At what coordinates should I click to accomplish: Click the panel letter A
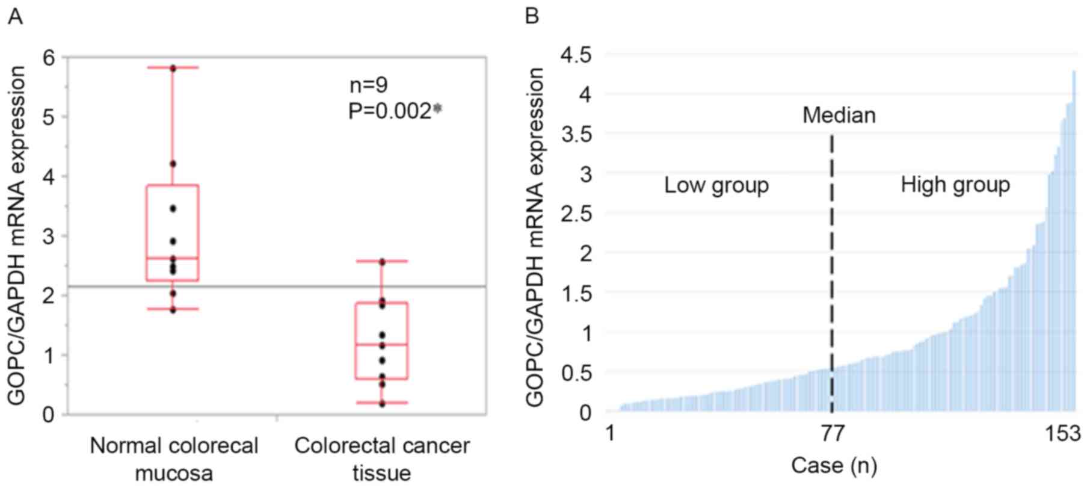click(x=15, y=17)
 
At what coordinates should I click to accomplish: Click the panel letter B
click(x=532, y=17)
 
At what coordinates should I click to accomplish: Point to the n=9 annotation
click(x=369, y=85)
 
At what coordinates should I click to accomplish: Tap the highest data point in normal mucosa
click(x=173, y=69)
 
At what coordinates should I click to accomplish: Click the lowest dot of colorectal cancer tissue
click(x=382, y=404)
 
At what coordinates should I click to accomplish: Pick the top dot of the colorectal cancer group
click(x=382, y=262)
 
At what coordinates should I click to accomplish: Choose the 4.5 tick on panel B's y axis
click(x=576, y=55)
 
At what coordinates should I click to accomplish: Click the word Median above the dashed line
click(x=839, y=115)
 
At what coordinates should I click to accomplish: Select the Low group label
click(x=716, y=185)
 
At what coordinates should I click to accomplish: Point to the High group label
click(x=955, y=185)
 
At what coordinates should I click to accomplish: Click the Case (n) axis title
click(x=834, y=465)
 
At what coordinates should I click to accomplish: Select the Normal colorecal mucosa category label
click(x=174, y=459)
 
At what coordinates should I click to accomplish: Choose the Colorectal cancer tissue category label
click(x=382, y=459)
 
